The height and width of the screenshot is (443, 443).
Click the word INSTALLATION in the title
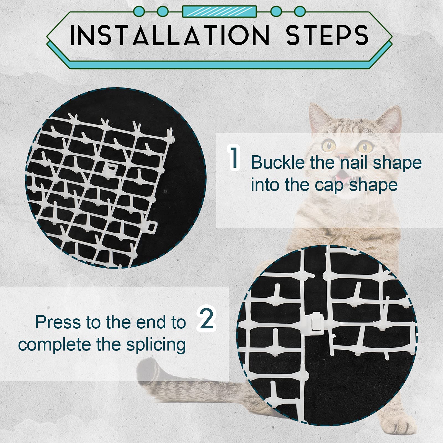click(x=169, y=35)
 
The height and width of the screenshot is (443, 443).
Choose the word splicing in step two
click(x=156, y=345)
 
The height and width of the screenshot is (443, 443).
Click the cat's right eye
click(x=365, y=146)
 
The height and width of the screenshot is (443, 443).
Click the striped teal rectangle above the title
click(x=219, y=12)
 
